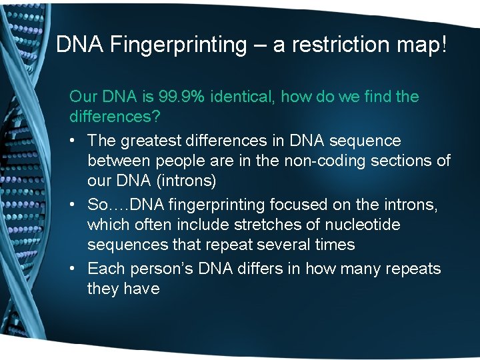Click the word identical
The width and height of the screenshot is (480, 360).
pos(243,97)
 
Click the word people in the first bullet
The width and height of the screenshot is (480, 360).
pos(172,161)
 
